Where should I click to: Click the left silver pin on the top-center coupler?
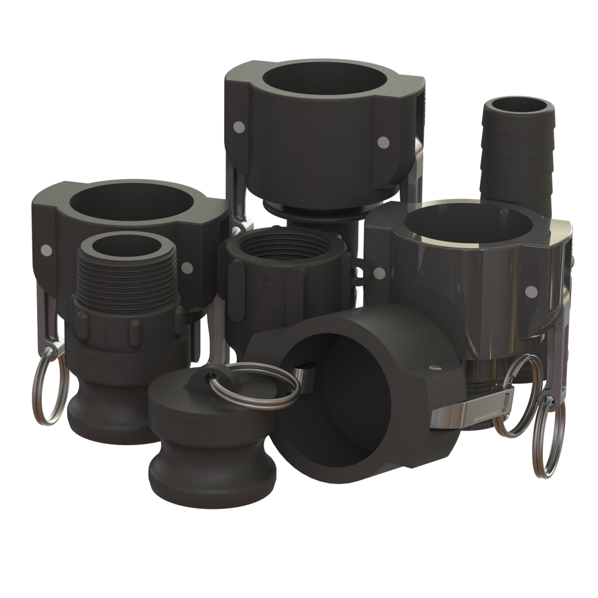tap(240, 127)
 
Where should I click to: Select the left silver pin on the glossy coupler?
tap(378, 274)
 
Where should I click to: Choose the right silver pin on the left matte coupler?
tap(188, 268)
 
